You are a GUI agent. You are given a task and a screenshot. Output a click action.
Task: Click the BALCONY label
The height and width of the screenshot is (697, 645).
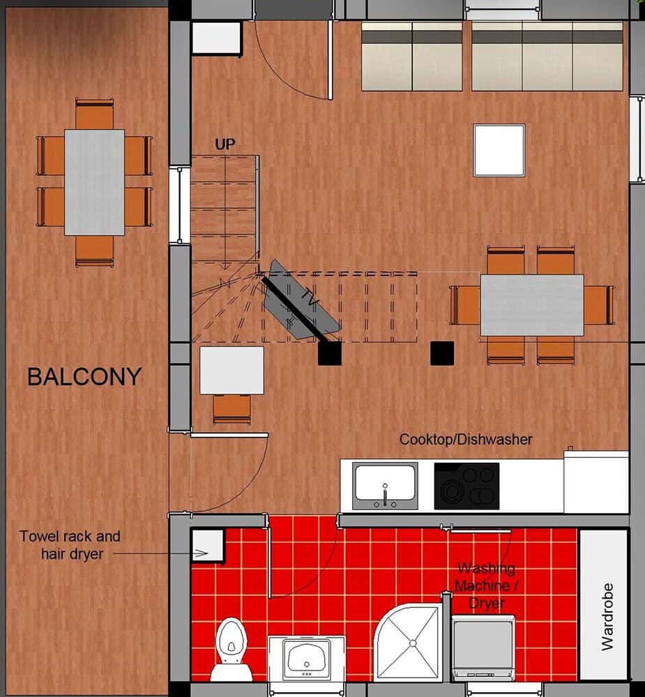(x=84, y=377)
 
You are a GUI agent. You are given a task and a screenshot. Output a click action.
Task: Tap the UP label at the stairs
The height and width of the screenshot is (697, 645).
(x=225, y=144)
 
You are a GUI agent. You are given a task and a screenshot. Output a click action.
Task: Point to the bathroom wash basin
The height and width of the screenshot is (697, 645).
(x=307, y=658)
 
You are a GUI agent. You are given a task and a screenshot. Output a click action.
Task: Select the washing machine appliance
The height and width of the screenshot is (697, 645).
(x=483, y=648)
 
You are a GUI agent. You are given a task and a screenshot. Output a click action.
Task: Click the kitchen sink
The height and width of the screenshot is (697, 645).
(x=385, y=485)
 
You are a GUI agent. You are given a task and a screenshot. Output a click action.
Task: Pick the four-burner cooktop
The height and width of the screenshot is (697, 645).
(x=466, y=486)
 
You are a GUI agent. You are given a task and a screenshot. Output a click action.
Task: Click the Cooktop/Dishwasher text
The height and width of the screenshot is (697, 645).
(x=466, y=440)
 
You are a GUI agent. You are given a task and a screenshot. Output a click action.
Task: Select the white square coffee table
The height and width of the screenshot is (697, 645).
(x=499, y=150)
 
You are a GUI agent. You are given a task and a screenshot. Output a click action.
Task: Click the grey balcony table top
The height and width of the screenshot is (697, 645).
(x=94, y=182)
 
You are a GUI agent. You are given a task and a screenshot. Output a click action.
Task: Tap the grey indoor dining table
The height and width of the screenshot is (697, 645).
(x=531, y=305)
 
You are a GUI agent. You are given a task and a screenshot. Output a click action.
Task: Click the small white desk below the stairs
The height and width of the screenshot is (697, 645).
(x=232, y=370)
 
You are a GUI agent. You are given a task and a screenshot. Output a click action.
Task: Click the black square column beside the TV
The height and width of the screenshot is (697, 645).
(x=329, y=353)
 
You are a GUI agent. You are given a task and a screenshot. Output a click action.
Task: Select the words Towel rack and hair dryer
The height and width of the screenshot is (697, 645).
(x=70, y=545)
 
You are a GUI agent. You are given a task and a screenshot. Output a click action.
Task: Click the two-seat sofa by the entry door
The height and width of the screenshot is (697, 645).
(x=411, y=56)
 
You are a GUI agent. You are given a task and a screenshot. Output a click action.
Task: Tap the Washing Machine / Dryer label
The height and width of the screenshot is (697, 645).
(x=486, y=586)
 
